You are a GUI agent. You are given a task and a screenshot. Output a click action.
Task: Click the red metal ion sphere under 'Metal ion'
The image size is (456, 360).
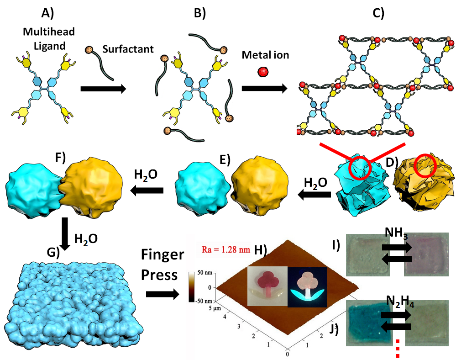(262, 71)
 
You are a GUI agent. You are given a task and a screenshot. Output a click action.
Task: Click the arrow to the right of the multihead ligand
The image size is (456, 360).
(103, 89)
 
